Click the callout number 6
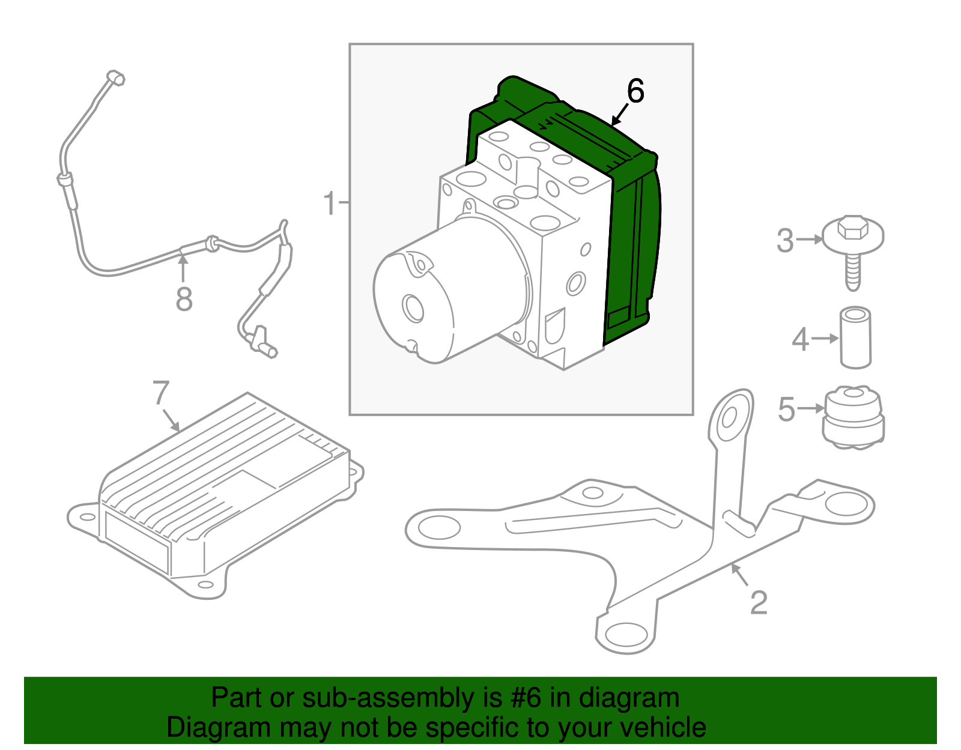[x=635, y=91]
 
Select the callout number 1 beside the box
[x=330, y=204]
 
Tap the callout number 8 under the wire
[x=184, y=299]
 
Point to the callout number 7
[x=160, y=393]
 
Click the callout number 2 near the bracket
[x=759, y=602]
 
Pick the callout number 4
[x=800, y=340]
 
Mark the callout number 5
[x=786, y=410]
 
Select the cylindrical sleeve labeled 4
[x=855, y=338]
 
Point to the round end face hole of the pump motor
[x=414, y=309]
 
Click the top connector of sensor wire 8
[x=115, y=77]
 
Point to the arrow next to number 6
[x=619, y=115]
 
